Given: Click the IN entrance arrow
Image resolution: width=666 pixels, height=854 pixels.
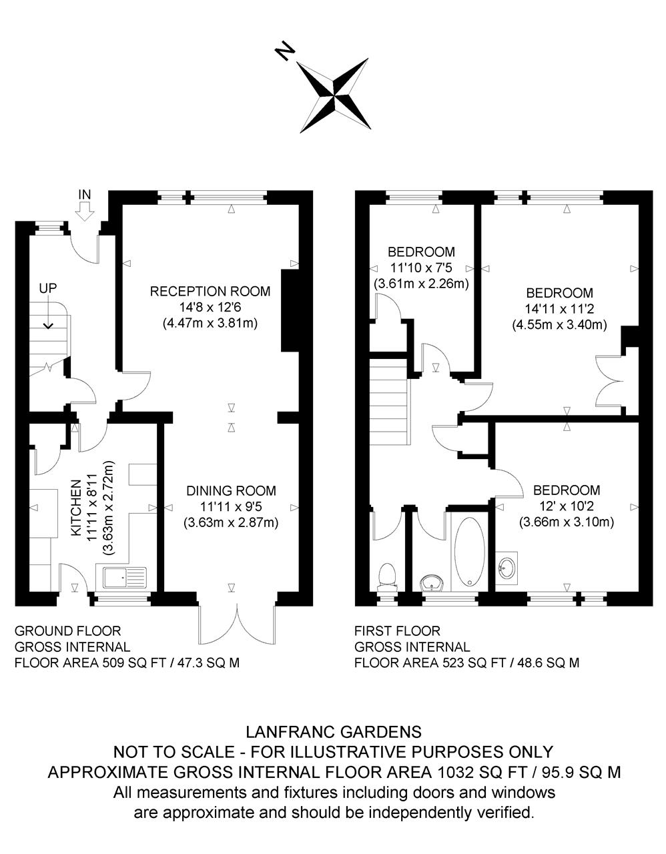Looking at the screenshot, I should coord(84,210).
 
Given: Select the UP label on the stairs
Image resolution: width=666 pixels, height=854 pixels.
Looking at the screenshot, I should coord(48,288).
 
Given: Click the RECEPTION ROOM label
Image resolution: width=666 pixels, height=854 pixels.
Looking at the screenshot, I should coord(210,291).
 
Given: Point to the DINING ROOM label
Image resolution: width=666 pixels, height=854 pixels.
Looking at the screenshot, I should coord(230,490).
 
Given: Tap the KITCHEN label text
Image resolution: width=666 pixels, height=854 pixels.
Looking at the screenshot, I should coord(75,508).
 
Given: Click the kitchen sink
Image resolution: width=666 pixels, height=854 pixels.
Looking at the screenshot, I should coord(121,576).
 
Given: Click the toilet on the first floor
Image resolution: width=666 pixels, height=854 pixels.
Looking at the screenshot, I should coord(386,576).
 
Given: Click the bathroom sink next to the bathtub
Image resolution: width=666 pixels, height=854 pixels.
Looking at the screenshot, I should coord(434,584).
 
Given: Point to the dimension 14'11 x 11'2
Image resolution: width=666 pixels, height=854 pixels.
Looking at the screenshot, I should coord(559,309).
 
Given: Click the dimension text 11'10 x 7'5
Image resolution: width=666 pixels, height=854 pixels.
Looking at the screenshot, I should coord(421,268).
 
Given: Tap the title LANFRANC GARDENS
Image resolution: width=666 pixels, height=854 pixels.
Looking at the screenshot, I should coord(334,732).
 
